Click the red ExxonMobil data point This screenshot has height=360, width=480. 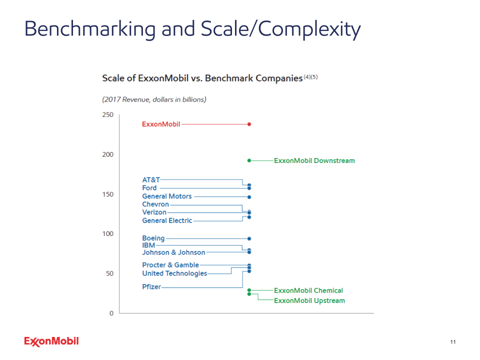click(249, 124)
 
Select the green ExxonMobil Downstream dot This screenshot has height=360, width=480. click(249, 160)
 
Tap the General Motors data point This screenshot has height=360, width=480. click(249, 197)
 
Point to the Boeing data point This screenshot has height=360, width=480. click(249, 238)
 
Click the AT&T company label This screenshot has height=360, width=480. click(151, 180)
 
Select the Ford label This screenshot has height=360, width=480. click(149, 188)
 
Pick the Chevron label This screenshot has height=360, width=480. click(155, 204)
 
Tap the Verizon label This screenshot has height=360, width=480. click(154, 212)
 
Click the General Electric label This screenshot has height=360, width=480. click(167, 220)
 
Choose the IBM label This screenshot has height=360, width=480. click(148, 245)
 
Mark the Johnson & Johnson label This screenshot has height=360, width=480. click(173, 252)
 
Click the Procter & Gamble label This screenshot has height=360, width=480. click(170, 265)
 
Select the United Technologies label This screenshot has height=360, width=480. click(174, 273)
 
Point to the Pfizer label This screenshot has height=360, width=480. click(151, 287)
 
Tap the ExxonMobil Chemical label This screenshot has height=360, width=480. click(308, 290)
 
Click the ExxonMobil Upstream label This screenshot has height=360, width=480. click(309, 300)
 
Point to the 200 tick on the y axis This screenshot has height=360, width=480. click(108, 154)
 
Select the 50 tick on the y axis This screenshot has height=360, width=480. click(109, 273)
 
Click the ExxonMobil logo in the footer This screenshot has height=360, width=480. click(51, 341)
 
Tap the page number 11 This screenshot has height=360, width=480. click(453, 342)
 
